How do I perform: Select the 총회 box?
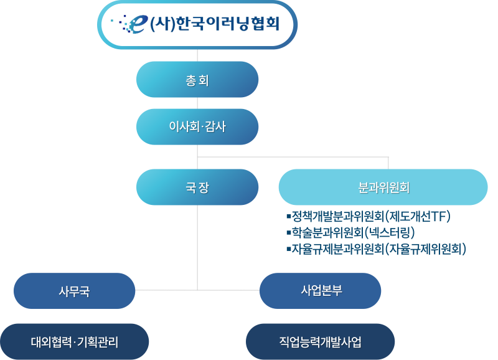point(197,79)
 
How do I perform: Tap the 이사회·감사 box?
point(197,126)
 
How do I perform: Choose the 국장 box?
point(197,187)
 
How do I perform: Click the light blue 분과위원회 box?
point(383,187)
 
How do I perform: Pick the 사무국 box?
point(74,291)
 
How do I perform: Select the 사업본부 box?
point(320,291)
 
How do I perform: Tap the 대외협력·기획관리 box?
point(74,341)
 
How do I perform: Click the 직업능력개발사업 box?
point(320,341)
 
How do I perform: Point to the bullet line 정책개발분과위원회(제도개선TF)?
point(367,217)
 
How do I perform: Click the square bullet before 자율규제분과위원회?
point(288,249)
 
